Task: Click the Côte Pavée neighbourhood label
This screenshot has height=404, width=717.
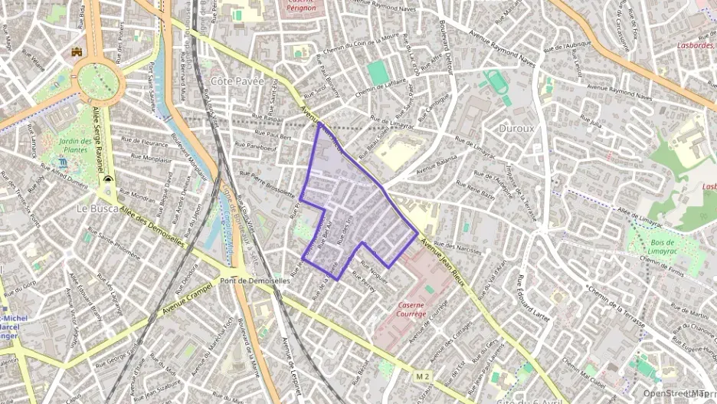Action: [x=237, y=80]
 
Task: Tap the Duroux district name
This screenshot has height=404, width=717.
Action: [x=516, y=129]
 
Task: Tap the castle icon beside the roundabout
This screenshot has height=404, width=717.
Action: [x=77, y=51]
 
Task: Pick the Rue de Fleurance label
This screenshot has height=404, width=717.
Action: [x=149, y=143]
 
